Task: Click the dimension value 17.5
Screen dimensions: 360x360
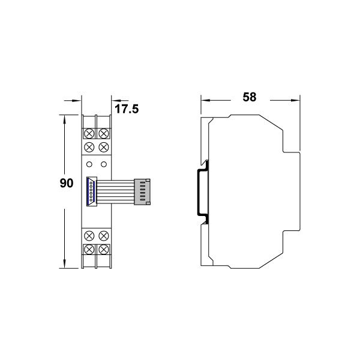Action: tap(127, 109)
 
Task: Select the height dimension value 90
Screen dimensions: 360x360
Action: tap(67, 183)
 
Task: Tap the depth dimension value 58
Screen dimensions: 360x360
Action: tap(250, 97)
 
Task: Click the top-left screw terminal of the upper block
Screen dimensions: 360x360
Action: tap(89, 133)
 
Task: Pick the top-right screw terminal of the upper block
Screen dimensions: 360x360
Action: tap(104, 133)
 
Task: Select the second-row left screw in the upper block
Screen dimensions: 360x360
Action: tap(89, 147)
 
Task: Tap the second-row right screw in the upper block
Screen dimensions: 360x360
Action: tap(104, 147)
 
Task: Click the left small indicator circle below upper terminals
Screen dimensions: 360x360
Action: tap(89, 164)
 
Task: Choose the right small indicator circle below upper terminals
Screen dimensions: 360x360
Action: tap(104, 164)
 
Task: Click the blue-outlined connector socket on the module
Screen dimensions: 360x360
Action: tap(92, 191)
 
